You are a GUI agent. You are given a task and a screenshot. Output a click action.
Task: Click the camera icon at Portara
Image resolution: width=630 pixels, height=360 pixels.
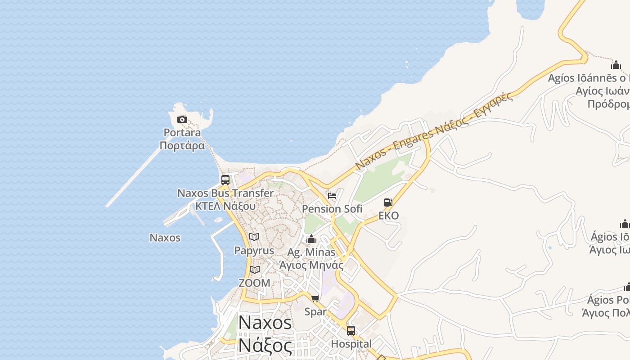(x=182, y=119)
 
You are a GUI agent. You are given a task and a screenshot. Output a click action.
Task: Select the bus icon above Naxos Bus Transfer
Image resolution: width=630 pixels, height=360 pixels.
(x=225, y=180)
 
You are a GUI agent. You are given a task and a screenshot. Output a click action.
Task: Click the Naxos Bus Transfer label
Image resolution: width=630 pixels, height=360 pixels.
(x=225, y=193)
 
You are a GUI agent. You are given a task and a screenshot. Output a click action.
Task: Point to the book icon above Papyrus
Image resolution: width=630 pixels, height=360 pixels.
(x=254, y=237)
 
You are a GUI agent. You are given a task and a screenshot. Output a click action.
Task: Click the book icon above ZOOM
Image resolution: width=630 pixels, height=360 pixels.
(x=255, y=270)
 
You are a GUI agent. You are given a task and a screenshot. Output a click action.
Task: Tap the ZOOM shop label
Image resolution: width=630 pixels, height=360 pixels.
(x=255, y=283)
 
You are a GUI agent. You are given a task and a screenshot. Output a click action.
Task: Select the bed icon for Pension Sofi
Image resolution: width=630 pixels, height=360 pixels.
(x=332, y=196)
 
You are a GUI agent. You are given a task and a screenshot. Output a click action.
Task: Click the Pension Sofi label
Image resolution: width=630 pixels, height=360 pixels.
(x=332, y=209)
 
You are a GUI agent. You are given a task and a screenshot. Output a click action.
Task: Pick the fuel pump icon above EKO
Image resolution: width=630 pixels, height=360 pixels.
(x=388, y=202)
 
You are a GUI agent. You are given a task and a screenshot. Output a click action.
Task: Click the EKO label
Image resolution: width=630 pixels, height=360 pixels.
(x=388, y=216)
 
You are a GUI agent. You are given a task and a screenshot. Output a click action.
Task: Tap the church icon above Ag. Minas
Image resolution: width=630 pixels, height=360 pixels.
(x=311, y=239)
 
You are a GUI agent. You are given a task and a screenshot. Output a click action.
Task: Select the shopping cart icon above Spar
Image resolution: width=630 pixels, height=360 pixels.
(x=315, y=298)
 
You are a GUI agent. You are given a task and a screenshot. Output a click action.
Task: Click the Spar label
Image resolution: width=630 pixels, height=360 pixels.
(x=315, y=311)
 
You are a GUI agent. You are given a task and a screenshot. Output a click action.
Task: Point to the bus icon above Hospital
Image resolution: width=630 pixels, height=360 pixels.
(x=351, y=331)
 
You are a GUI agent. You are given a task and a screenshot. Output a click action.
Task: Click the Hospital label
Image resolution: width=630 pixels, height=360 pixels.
(x=351, y=344)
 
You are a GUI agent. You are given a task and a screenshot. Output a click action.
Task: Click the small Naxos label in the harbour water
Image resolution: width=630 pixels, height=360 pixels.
(x=165, y=238)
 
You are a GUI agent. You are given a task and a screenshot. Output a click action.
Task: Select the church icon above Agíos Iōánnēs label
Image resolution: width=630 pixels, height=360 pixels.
(x=616, y=65)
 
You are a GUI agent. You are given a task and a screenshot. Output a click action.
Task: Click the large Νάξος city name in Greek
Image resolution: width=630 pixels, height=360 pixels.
(x=265, y=346)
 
